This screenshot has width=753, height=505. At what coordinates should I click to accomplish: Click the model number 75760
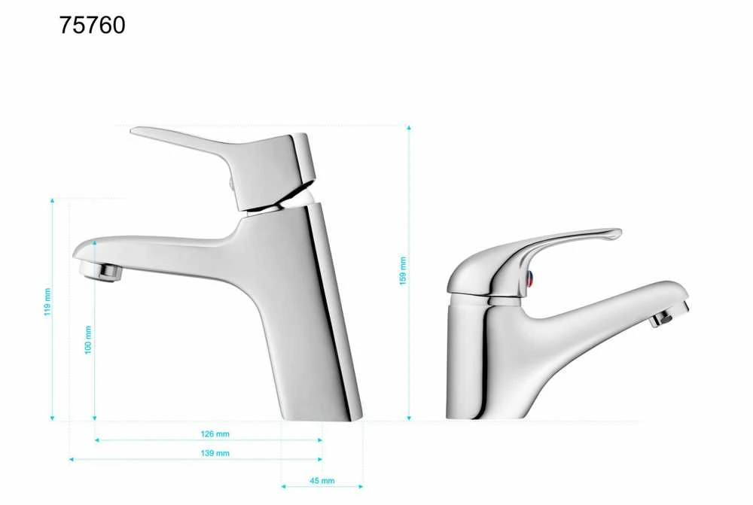coord(92,25)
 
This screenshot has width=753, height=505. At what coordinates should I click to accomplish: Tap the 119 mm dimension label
coord(47,302)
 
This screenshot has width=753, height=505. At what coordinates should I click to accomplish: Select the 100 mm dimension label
coord(88,340)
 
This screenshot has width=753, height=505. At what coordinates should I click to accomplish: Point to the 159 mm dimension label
coord(403,271)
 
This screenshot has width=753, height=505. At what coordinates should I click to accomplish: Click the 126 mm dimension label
coord(215,434)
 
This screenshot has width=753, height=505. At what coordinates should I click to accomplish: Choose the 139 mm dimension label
coord(215,453)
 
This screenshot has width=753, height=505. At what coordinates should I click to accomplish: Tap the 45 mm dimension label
coord(322,480)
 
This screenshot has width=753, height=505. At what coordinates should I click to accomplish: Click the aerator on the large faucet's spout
coord(101,272)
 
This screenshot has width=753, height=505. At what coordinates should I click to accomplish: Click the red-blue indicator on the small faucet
coord(529,278)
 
